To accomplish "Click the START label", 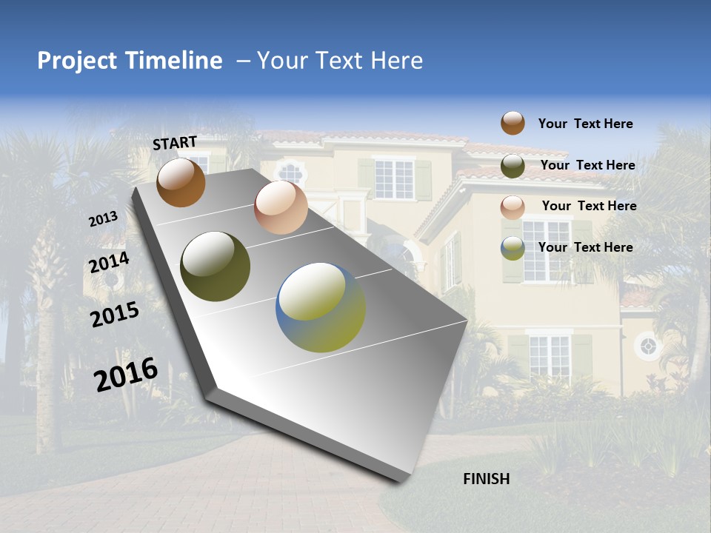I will pos(175,143).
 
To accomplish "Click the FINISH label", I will pos(487,479).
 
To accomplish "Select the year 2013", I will pos(103,219).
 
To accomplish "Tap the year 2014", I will pos(110,263).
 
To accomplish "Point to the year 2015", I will pos(115,315).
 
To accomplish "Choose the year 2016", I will pos(126,375).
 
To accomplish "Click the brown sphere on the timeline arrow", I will pos(181,182).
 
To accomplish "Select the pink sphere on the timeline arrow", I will pos(281,207).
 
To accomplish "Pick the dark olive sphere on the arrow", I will pos(216,266).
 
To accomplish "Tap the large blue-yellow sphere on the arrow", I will pos(321,307).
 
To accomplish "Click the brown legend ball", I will pos(513,123).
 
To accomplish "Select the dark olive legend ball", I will pos(513,166).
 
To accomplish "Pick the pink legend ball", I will pos(513,207).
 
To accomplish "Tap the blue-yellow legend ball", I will pos(513,248).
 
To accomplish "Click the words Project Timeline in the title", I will pos(130,61).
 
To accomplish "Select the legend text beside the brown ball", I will pos(585,124).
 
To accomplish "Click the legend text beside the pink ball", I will pos(589,206).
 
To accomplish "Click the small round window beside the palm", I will pos(648,346).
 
